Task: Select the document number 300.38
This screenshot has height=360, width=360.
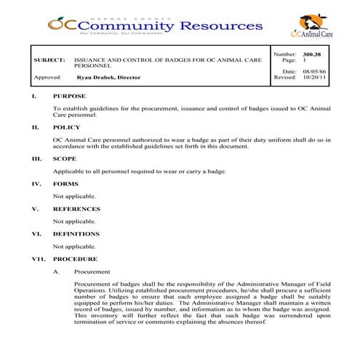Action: [x=311, y=55]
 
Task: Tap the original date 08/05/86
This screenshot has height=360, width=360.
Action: [x=310, y=71]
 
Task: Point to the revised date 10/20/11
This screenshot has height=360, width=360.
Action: [x=310, y=77]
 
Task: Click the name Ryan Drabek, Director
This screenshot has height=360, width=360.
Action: [x=108, y=77]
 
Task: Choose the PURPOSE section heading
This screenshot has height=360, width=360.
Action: [x=69, y=96]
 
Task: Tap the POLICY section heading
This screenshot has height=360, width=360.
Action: [x=67, y=127]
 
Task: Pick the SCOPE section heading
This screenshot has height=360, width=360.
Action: [x=65, y=158]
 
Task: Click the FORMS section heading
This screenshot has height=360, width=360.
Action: [x=65, y=183]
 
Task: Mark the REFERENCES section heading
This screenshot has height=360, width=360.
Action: [x=76, y=209]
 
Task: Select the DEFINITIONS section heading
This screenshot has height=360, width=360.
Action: [x=76, y=234]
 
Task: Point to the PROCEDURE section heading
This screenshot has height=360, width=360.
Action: [x=74, y=258]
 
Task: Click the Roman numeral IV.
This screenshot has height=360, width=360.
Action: [x=36, y=183]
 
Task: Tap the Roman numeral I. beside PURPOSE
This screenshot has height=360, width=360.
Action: [x=33, y=96]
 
